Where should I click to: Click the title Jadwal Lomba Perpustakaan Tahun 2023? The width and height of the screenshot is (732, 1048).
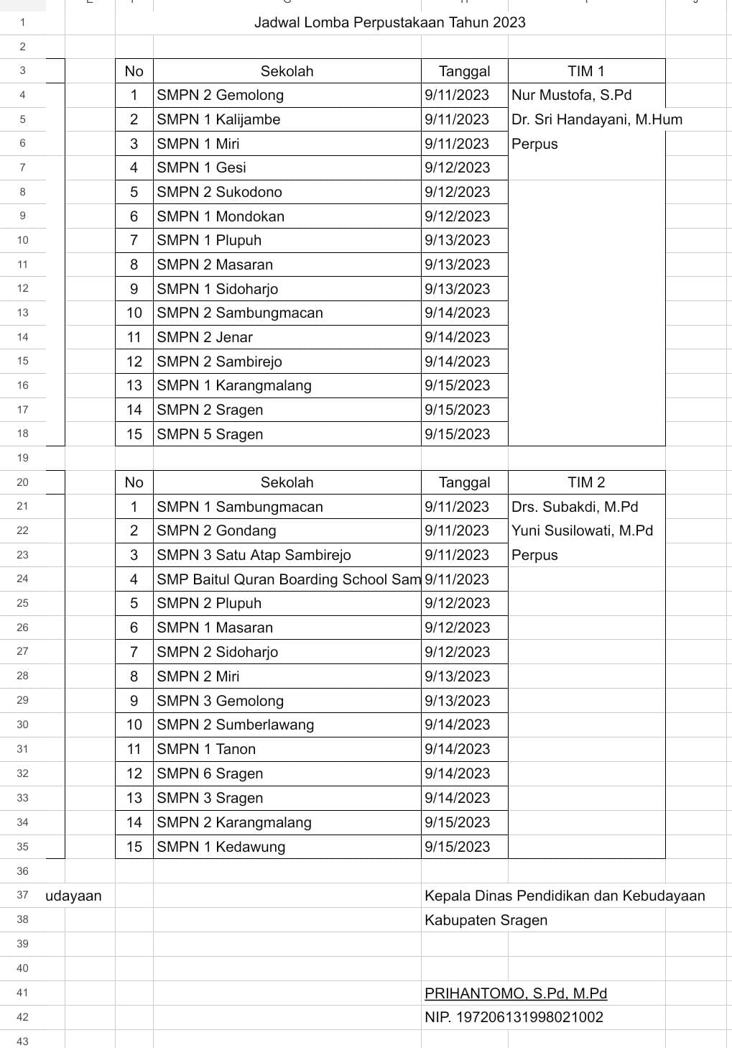(389, 22)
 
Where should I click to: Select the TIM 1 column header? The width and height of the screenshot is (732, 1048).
(585, 71)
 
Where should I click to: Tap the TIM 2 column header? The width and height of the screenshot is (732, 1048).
(585, 482)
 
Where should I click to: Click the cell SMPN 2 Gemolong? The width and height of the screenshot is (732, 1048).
(220, 95)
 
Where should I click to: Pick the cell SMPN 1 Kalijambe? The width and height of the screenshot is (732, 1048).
(218, 119)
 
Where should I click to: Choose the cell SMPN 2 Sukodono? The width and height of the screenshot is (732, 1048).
(219, 192)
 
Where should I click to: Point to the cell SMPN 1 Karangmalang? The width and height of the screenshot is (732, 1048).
(234, 385)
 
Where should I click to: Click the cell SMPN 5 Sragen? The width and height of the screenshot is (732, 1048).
(210, 434)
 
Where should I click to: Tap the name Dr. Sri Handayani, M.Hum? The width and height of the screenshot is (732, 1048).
(596, 119)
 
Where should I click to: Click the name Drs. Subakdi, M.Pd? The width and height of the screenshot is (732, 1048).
(574, 507)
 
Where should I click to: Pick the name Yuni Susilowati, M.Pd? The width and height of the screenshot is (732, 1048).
(582, 530)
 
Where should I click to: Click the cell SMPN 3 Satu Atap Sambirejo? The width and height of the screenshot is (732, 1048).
(254, 555)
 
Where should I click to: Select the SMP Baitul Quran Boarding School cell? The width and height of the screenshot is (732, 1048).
(288, 579)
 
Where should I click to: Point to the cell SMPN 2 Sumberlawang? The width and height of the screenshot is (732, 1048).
(235, 725)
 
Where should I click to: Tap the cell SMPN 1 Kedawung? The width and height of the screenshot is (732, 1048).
(221, 847)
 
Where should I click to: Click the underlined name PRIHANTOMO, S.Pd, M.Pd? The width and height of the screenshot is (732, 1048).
(515, 993)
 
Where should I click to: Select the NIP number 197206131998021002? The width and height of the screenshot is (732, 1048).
(514, 1017)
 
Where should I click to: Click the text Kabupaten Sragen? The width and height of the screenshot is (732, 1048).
(486, 920)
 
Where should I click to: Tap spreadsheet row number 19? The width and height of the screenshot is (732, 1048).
(22, 458)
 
